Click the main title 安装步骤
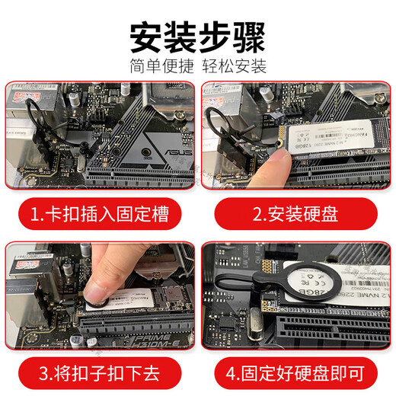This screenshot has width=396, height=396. [198, 34]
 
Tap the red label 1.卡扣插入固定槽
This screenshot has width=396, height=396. [99, 213]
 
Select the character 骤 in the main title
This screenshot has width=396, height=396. [249, 34]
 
